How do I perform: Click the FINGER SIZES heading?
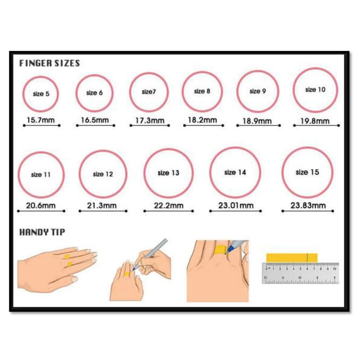(x=49, y=63)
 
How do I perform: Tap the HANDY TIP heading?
(x=42, y=232)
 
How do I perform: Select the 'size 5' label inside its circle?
(x=41, y=94)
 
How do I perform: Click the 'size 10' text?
(x=315, y=90)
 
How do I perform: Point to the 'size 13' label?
(x=168, y=173)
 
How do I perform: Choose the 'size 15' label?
(x=307, y=172)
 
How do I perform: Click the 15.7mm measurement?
(x=40, y=120)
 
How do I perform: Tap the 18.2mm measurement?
(x=202, y=120)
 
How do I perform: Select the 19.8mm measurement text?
(x=315, y=121)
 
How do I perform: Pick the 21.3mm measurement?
(x=102, y=206)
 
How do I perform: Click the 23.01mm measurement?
(x=236, y=206)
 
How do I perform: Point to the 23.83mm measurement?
(x=308, y=205)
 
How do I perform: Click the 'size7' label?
(x=148, y=92)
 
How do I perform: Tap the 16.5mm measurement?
(x=95, y=120)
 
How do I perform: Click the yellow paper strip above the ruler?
(x=292, y=258)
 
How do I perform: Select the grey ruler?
(x=300, y=273)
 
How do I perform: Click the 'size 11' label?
(x=40, y=175)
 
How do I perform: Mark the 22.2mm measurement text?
(x=168, y=206)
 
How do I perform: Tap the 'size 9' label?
(x=257, y=91)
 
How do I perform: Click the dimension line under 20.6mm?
(x=41, y=211)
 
